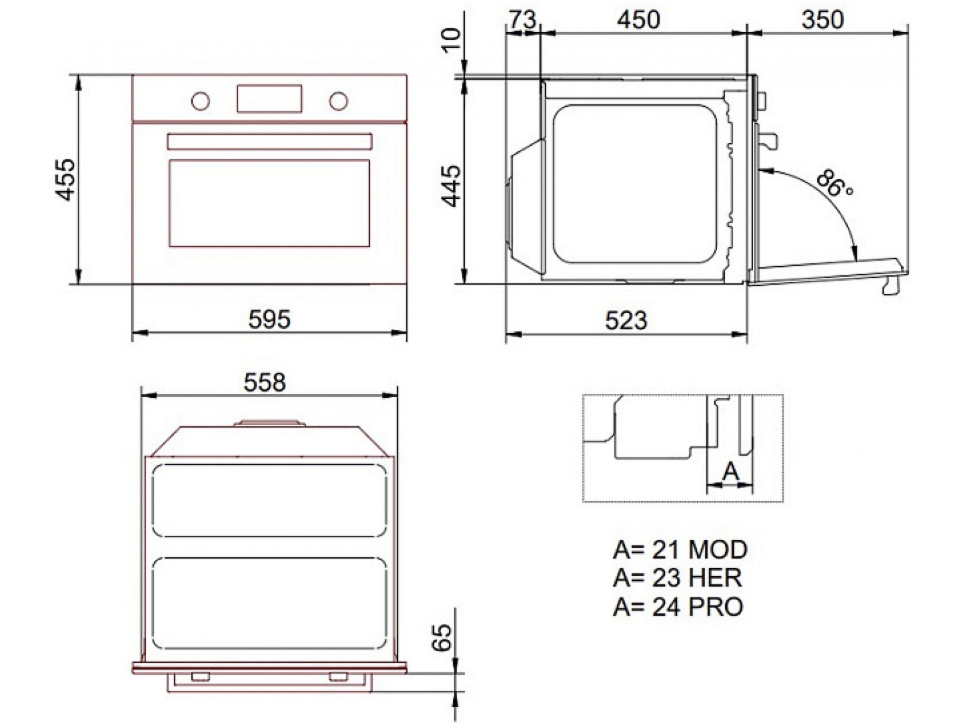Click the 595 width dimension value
point(269,319)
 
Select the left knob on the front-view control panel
point(200,101)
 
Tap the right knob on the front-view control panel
point(338,101)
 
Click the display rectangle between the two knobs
point(269,99)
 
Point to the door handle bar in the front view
point(270,141)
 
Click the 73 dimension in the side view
point(522,21)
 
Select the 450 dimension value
point(638,21)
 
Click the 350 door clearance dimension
point(823,21)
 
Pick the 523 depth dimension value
point(626,320)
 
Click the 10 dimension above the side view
point(453,38)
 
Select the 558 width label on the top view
point(264,382)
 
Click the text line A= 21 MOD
point(680,550)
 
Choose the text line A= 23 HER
point(677,578)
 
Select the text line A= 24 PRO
point(678,606)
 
